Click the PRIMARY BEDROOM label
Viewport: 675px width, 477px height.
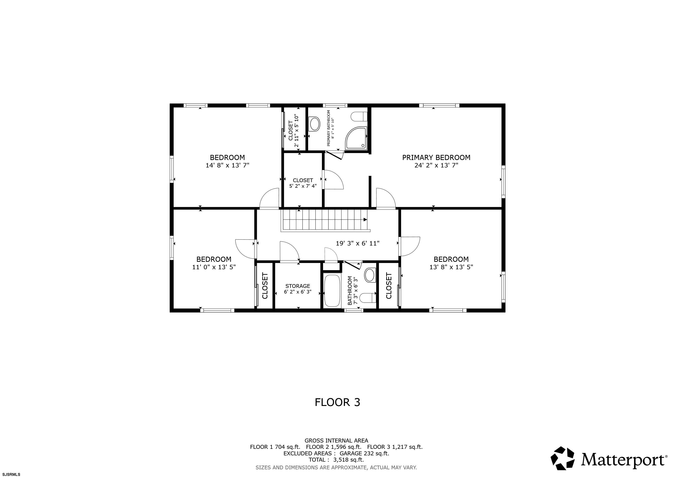(436, 157)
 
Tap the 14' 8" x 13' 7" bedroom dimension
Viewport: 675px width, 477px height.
(227, 165)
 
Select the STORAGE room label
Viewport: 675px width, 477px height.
(297, 286)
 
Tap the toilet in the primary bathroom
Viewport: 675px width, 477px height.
(359, 117)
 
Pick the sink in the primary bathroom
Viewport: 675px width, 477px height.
(314, 124)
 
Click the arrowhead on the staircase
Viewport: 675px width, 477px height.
(365, 219)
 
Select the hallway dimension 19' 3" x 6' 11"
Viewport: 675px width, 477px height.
(358, 243)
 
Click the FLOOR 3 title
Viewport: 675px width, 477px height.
(337, 402)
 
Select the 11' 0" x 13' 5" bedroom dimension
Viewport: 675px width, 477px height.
(214, 267)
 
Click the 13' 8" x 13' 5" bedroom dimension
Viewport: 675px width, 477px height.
(451, 267)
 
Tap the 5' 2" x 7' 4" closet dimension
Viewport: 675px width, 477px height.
(303, 186)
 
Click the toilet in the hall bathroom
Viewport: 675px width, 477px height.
(368, 298)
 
